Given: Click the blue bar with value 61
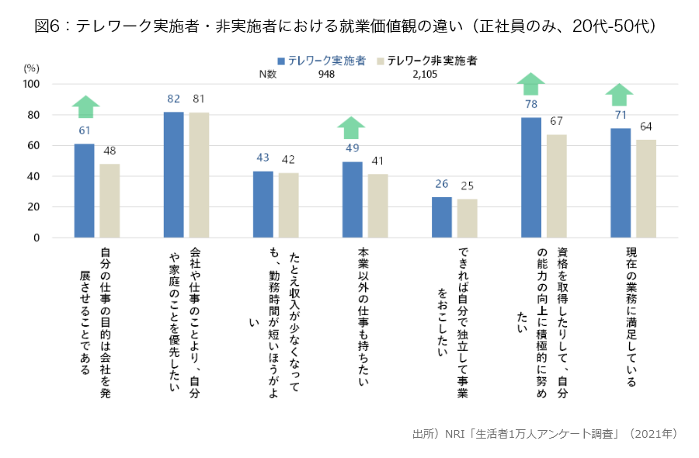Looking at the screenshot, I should (x=84, y=190).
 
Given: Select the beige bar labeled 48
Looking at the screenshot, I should (x=110, y=200).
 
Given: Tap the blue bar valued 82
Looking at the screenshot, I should (x=173, y=175).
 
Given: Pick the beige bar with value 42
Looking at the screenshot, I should (x=288, y=205).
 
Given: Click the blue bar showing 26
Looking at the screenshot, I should (x=441, y=217).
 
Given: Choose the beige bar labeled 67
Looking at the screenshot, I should (x=556, y=186).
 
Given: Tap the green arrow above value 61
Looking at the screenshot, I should (x=85, y=106).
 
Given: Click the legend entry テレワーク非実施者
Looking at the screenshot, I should (x=431, y=61).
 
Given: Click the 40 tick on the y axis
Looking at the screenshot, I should (x=34, y=176).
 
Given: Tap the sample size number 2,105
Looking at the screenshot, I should (x=426, y=75).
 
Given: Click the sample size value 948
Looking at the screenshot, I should (x=326, y=75).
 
